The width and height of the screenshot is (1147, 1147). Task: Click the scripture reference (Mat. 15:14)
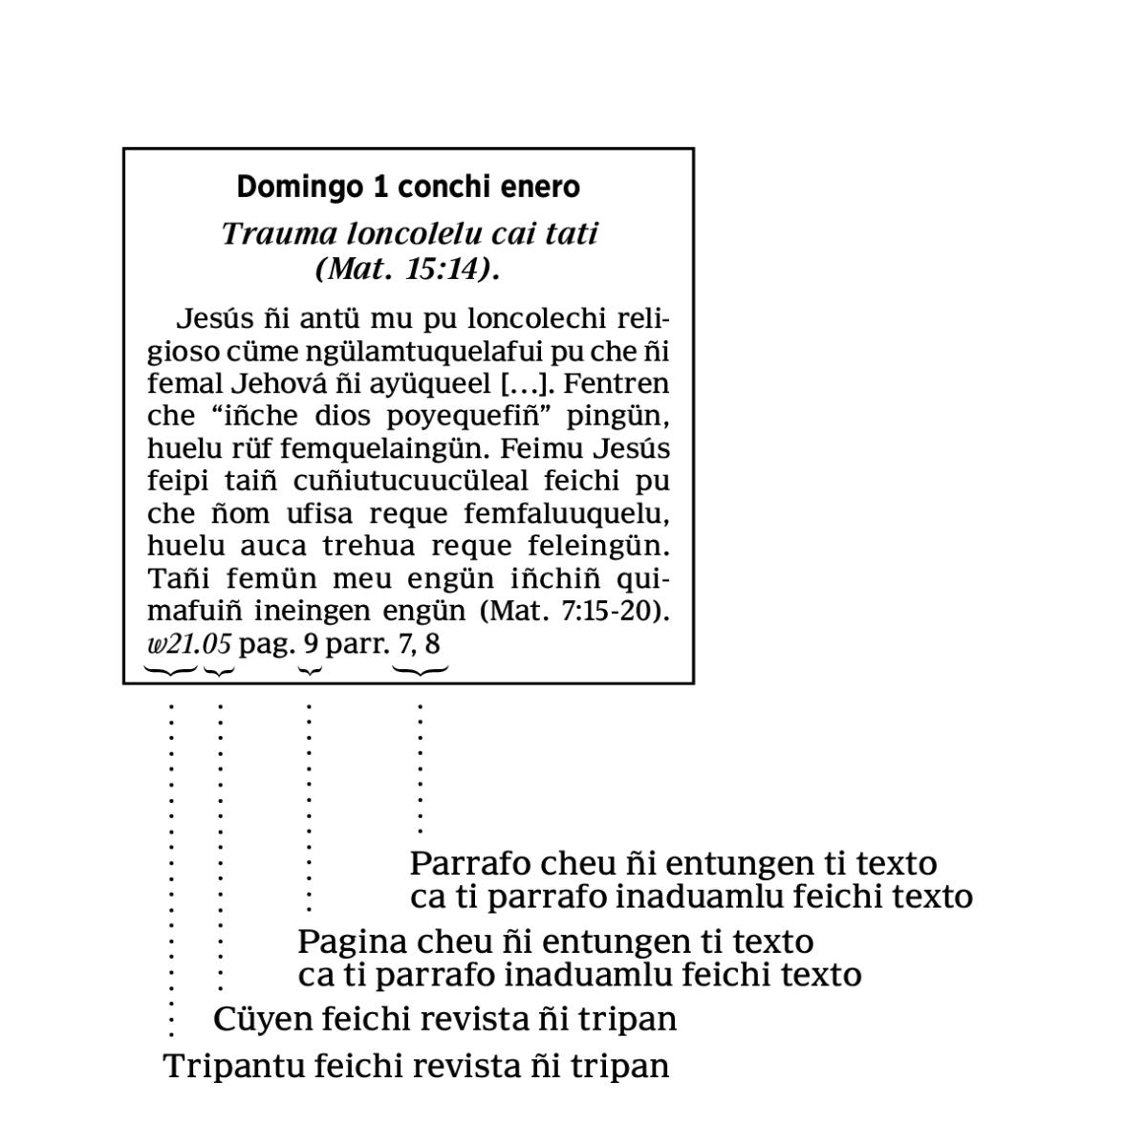pyautogui.click(x=408, y=269)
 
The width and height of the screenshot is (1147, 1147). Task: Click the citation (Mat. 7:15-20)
pyautogui.click(x=573, y=611)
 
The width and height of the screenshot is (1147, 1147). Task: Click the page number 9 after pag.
pyautogui.click(x=310, y=643)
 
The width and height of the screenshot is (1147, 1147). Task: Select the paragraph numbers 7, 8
pyautogui.click(x=420, y=643)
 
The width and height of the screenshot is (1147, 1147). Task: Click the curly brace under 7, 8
pyautogui.click(x=421, y=671)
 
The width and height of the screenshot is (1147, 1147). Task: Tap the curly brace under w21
pyautogui.click(x=171, y=671)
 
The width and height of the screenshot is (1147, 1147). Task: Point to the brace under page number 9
pyautogui.click(x=310, y=671)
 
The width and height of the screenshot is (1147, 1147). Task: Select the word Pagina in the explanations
pyautogui.click(x=351, y=941)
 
